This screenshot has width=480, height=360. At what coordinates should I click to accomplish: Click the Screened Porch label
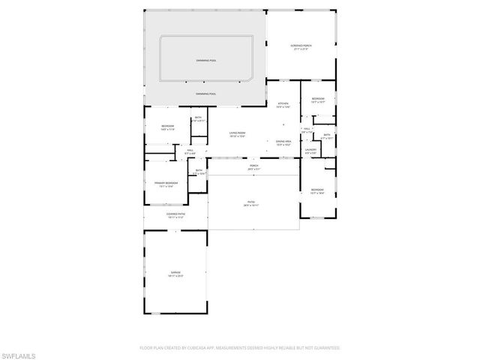[301, 47]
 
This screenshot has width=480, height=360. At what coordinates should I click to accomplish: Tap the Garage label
[175, 274]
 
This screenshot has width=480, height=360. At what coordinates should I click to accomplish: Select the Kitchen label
[283, 105]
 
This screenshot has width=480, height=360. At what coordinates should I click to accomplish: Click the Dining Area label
[283, 142]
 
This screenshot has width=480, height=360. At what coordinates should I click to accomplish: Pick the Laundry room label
[310, 151]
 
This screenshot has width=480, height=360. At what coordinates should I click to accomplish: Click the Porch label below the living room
[254, 166]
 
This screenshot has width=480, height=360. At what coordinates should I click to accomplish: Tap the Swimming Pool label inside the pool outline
[205, 60]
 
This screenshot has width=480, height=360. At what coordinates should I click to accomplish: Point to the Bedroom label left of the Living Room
[167, 127]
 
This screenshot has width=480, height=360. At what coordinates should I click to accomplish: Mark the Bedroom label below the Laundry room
[317, 191]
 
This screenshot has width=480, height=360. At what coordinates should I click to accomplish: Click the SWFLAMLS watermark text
[19, 352]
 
